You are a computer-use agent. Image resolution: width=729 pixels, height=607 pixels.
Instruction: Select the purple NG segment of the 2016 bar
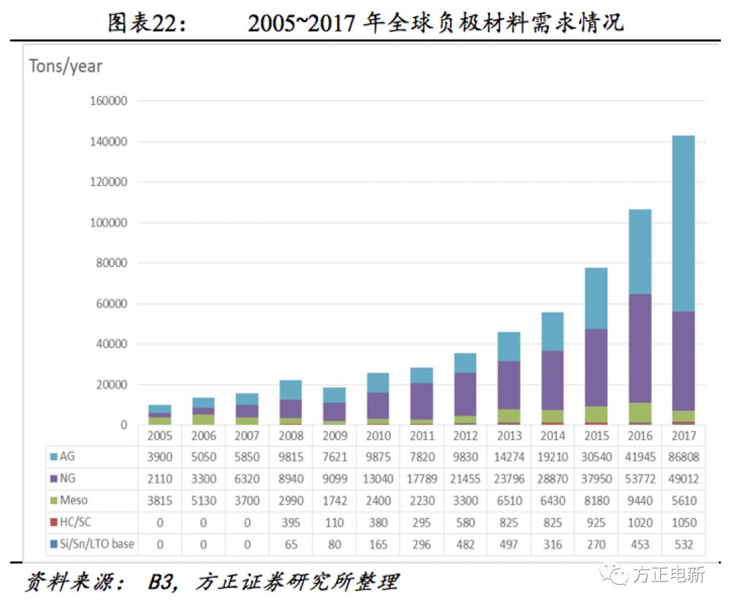coord(640,348)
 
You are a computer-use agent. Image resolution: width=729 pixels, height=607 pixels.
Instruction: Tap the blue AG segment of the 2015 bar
coord(596,298)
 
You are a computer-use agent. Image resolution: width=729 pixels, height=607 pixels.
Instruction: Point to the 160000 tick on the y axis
coord(109,101)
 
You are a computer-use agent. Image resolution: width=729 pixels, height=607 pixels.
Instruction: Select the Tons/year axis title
coord(65,66)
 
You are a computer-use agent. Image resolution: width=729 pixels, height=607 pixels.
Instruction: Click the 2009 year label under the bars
coord(334,436)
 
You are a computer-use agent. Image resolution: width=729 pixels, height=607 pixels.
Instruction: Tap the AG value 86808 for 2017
coord(683,457)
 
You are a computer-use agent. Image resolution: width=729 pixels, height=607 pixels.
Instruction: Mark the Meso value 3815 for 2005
coord(160,500)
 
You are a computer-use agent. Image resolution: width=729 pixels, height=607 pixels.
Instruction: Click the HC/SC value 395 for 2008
coord(290,522)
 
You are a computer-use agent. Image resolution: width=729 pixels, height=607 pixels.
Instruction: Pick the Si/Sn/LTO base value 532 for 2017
coord(683,544)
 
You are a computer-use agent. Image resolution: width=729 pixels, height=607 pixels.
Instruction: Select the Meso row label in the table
coord(74,500)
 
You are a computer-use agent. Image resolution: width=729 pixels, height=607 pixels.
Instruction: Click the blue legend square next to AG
coord(53,457)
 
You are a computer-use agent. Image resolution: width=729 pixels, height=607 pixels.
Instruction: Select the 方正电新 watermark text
coord(669,575)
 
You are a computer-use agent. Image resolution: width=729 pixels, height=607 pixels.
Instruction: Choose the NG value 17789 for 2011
coord(421,479)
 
